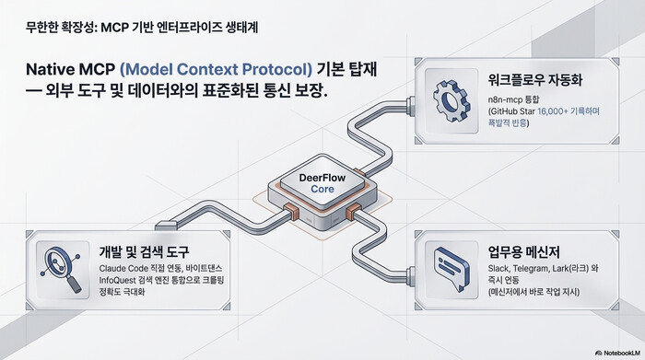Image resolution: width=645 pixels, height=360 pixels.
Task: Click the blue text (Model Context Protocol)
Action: click(217, 69)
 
